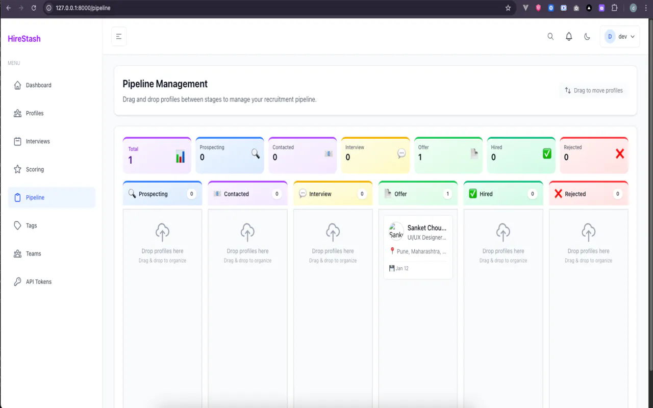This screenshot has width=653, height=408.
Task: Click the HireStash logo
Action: (24, 39)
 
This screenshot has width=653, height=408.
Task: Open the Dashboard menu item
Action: (38, 85)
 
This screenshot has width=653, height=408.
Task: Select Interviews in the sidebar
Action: (38, 141)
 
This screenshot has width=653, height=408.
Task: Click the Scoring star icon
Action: (17, 169)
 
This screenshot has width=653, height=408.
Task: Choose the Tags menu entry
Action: (31, 225)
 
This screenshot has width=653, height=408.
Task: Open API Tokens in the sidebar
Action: (38, 282)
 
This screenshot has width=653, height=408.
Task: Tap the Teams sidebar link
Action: (33, 253)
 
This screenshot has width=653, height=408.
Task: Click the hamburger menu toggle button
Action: (119, 36)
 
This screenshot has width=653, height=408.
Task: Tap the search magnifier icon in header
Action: (550, 36)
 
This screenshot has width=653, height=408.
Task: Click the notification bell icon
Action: (569, 36)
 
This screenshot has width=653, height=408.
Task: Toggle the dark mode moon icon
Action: (587, 36)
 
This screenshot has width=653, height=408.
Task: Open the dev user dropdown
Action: (620, 36)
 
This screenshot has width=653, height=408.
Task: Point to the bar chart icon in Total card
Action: (180, 156)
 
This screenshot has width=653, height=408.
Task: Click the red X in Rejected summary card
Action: (620, 154)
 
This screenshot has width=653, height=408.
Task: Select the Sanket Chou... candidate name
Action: (427, 228)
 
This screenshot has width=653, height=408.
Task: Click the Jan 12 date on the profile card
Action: (402, 268)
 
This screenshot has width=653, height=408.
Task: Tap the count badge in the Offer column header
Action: (447, 194)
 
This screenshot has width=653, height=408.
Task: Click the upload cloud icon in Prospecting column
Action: (162, 232)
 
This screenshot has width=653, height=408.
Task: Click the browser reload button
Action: (34, 8)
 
